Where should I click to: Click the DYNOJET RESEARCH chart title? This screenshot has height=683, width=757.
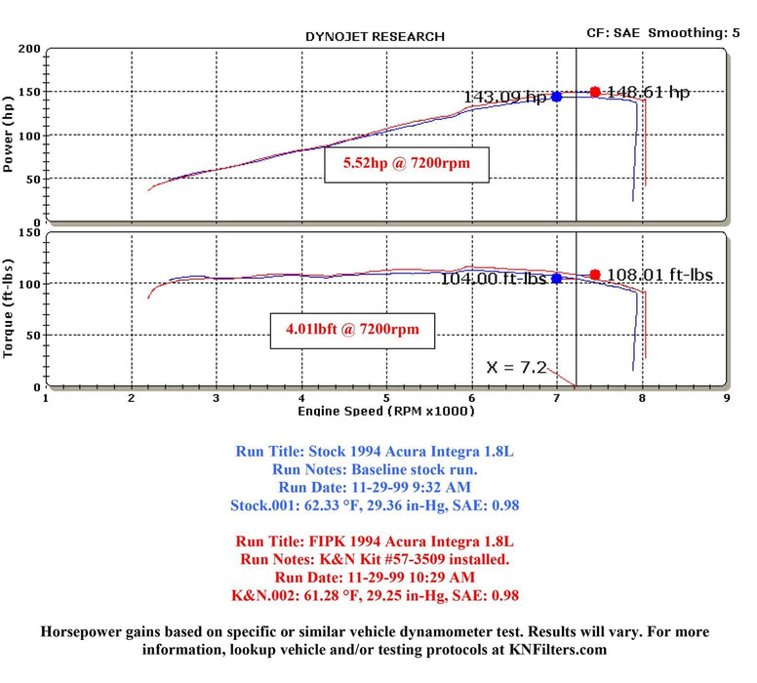click(375, 37)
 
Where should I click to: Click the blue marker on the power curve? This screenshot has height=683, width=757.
click(557, 97)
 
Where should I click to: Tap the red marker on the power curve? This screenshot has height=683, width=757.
click(595, 92)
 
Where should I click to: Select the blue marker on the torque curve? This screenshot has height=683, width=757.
click(557, 278)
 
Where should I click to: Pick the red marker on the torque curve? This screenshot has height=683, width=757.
click(595, 274)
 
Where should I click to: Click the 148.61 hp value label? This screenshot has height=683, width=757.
click(648, 92)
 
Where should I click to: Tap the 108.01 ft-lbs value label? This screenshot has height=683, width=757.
click(658, 275)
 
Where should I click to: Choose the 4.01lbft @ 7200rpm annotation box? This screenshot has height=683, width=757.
click(353, 330)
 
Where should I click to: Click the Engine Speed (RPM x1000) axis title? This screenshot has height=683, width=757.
click(386, 411)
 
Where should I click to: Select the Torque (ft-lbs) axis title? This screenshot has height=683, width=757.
click(10, 307)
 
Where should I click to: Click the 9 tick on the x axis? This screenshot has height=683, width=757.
click(727, 398)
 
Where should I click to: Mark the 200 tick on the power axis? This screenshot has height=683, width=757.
click(29, 49)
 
